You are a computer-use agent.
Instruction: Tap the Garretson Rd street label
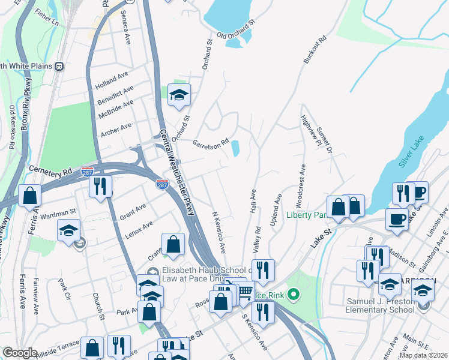(211, 144)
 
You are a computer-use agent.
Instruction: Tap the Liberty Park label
(306, 215)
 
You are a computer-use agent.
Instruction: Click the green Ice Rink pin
(294, 294)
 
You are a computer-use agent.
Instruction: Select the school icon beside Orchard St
(179, 95)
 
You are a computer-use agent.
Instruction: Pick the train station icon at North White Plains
(59, 66)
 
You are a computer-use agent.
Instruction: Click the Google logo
(20, 353)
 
